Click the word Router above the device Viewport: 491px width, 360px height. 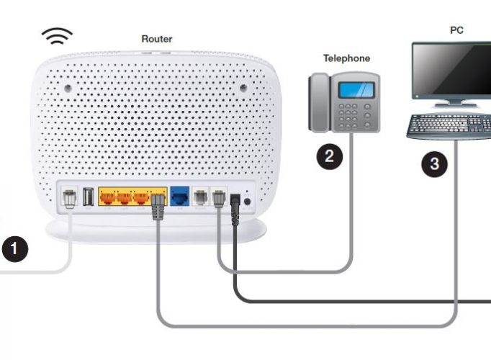tap(157, 39)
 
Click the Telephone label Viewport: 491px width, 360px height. tap(346, 58)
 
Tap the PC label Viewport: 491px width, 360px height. tap(456, 30)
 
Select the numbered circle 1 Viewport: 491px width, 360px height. tap(14, 249)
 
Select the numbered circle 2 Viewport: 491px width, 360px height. tap(330, 156)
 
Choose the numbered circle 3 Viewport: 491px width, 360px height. tap(434, 163)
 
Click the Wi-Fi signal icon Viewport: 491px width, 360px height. tap(57, 36)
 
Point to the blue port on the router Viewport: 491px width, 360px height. tap(180, 197)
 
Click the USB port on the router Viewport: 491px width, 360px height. tap(88, 197)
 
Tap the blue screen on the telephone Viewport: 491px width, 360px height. tap(356, 89)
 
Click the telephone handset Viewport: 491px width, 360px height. tap(320, 102)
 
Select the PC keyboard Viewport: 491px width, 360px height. tap(449, 127)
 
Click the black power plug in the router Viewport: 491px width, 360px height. tap(235, 209)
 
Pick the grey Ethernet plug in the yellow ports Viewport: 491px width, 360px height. tap(158, 207)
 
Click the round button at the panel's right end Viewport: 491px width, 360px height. tap(247, 202)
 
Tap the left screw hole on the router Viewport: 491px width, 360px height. tap(68, 89)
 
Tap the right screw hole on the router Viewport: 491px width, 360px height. tap(243, 88)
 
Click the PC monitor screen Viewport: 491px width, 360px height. tap(453, 70)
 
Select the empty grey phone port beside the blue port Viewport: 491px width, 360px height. tap(200, 197)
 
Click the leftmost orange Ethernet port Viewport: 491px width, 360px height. tap(107, 198)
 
